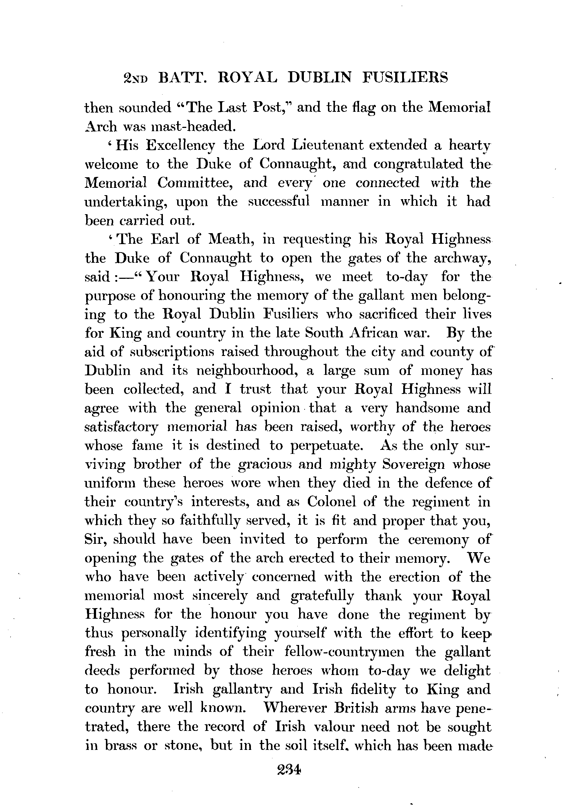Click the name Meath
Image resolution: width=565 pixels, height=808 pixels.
pyautogui.click(x=230, y=239)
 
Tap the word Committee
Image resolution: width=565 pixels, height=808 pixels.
pyautogui.click(x=195, y=182)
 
